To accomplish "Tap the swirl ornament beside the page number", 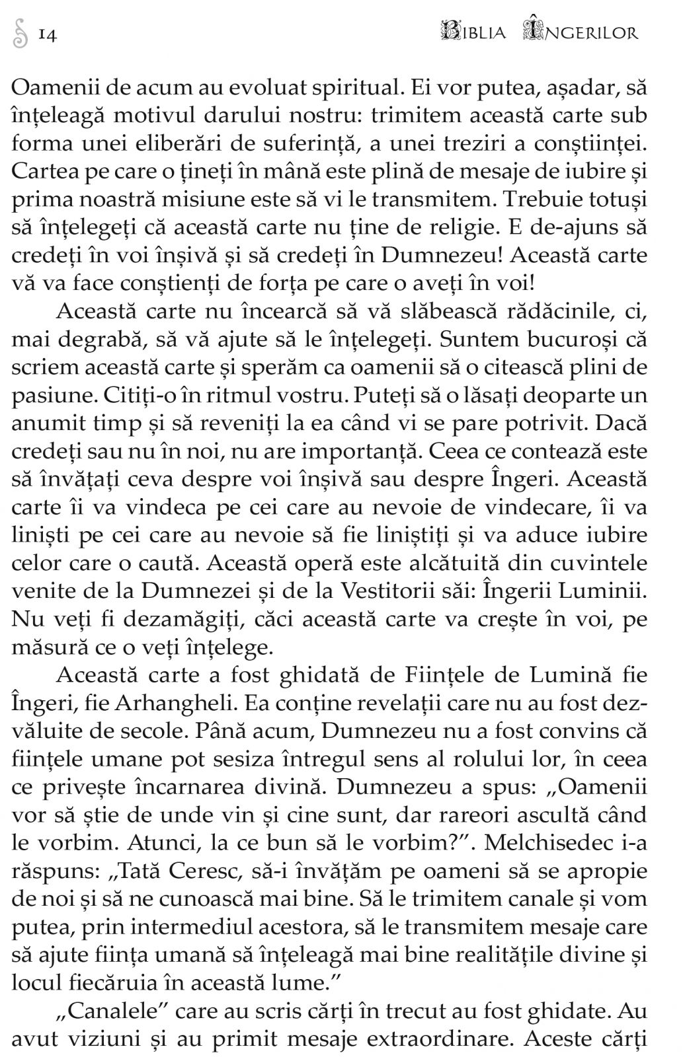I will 21,34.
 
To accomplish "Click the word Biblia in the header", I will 473,32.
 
